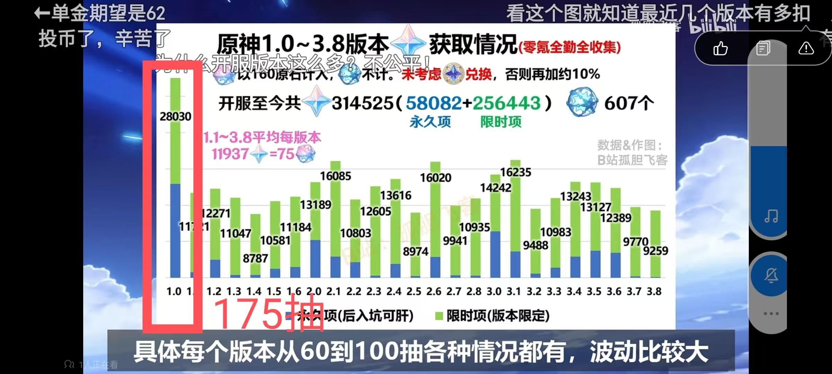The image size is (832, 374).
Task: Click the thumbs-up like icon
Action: [720, 48]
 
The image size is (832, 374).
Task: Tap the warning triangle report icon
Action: [806, 48]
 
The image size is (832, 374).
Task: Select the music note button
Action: [771, 216]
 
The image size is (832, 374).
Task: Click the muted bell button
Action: [771, 276]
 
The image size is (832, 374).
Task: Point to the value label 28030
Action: [175, 116]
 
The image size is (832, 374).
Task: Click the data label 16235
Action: [515, 172]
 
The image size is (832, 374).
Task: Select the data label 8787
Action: [255, 258]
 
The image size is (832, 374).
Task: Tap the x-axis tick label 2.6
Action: [434, 292]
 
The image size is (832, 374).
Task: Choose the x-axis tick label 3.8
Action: [654, 292]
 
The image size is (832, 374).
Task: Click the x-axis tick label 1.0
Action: [174, 292]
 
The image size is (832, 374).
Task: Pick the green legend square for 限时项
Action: [439, 316]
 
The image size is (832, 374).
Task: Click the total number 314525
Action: [362, 103]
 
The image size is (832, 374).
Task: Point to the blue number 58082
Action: [433, 103]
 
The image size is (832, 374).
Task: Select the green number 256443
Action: [506, 103]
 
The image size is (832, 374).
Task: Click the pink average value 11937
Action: [230, 154]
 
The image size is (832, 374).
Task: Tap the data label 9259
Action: [655, 251]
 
